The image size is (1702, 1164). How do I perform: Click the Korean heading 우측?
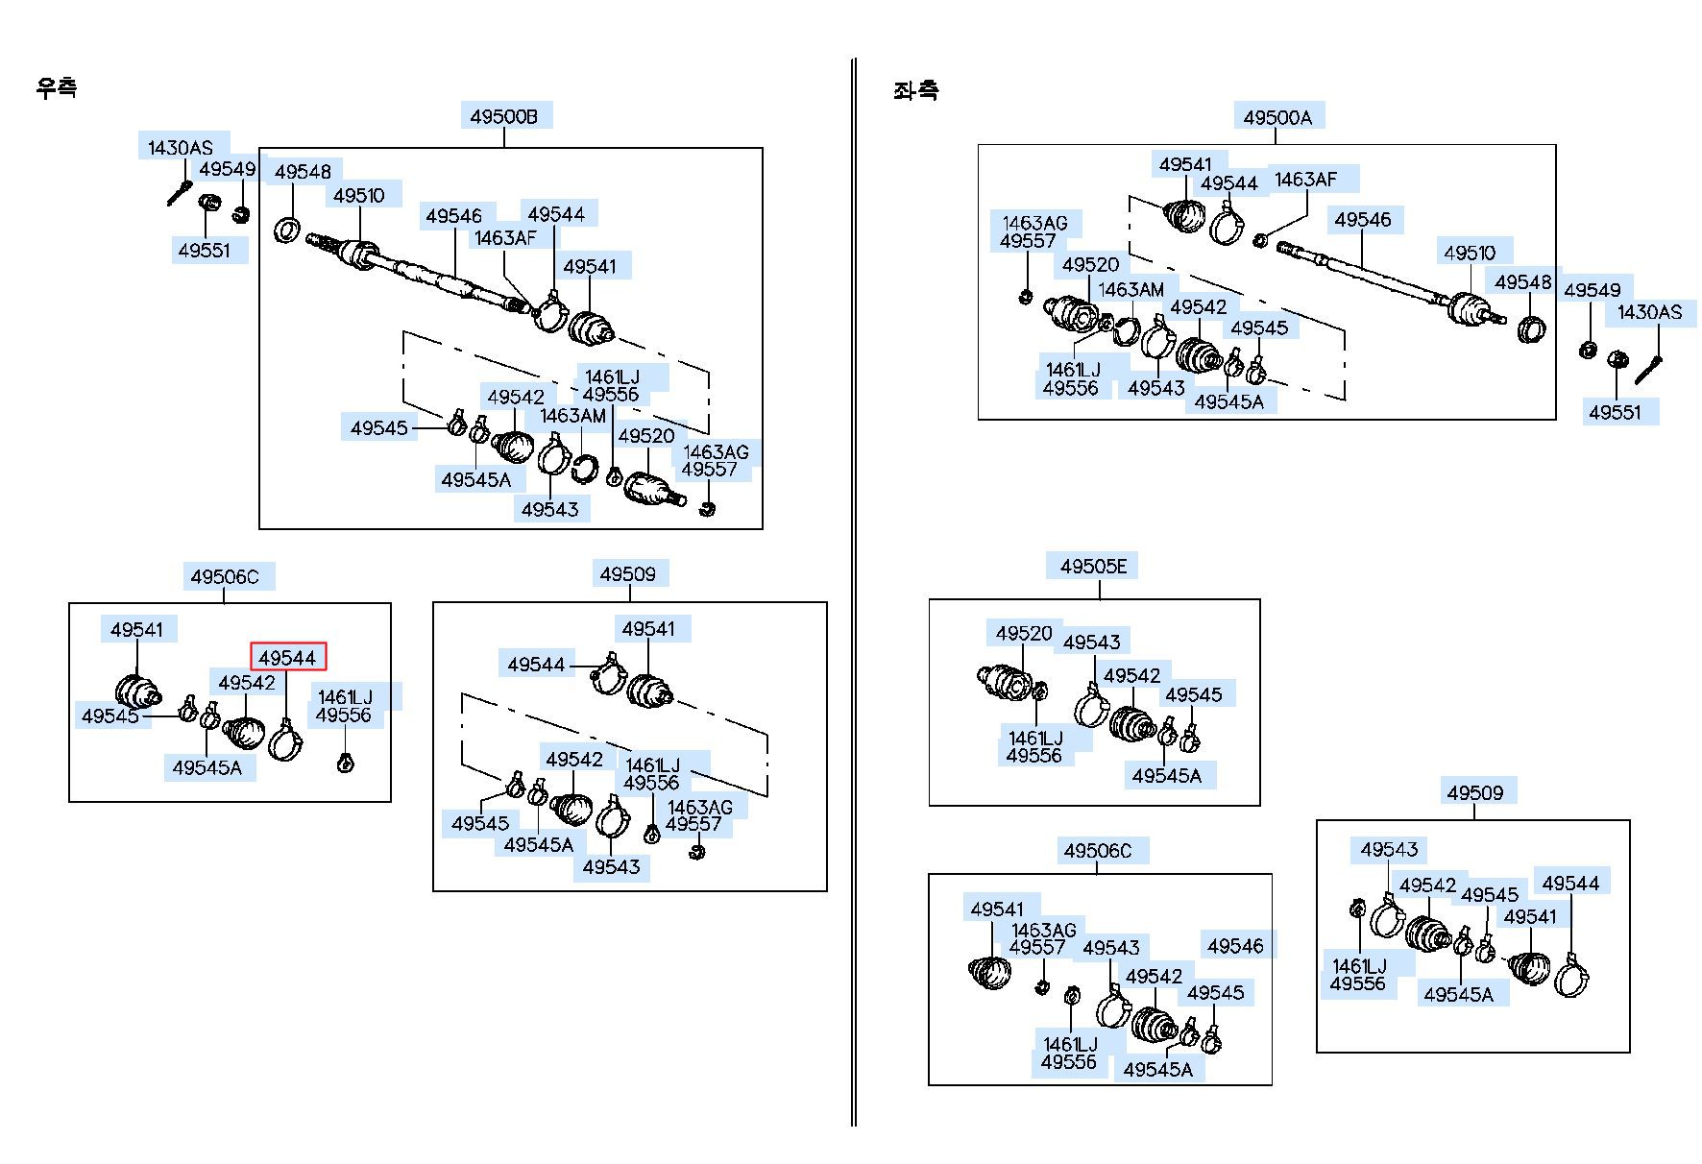click(57, 87)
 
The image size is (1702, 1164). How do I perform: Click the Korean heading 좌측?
click(915, 91)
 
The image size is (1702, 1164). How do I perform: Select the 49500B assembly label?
click(504, 117)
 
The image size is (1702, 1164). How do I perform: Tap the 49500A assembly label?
click(1277, 117)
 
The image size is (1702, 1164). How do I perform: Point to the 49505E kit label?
click(1093, 566)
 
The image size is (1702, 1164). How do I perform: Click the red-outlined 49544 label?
click(288, 657)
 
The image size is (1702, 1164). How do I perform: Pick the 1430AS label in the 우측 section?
click(181, 148)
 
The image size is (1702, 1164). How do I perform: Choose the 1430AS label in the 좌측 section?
click(1650, 312)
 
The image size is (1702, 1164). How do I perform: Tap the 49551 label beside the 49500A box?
click(1616, 412)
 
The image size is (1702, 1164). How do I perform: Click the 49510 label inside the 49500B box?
click(359, 196)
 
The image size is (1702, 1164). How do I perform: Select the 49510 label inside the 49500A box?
click(1470, 253)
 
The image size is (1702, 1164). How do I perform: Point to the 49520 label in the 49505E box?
click(1024, 633)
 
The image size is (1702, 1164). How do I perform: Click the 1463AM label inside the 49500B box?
click(573, 416)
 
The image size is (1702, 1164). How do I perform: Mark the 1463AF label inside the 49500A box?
click(1305, 180)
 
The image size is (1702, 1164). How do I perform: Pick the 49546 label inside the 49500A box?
click(1363, 220)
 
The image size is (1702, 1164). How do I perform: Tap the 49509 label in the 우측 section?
click(628, 573)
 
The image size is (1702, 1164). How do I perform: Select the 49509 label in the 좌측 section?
click(1475, 792)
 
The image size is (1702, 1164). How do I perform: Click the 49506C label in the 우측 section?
click(225, 576)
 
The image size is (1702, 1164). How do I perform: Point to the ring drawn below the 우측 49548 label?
click(287, 230)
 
